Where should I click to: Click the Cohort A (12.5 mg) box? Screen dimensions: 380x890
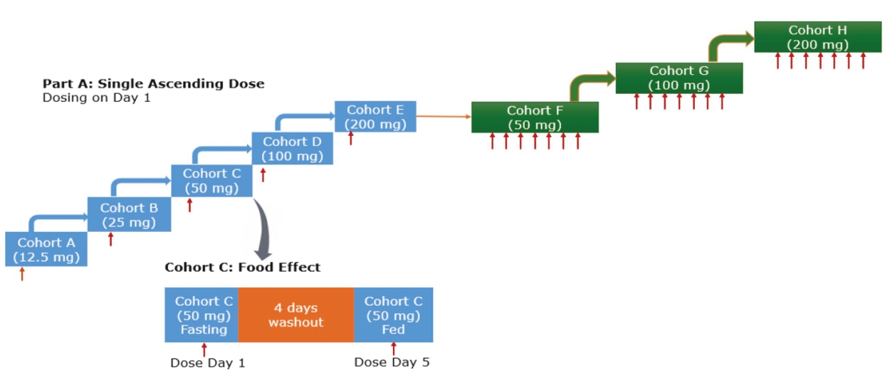click(46, 249)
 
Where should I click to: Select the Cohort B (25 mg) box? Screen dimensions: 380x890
click(129, 214)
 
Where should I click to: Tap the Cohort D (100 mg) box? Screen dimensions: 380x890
click(292, 148)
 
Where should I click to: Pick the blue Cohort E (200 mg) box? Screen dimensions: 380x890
click(375, 117)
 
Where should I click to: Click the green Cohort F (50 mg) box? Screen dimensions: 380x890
click(535, 117)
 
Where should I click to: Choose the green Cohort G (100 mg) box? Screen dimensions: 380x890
click(679, 78)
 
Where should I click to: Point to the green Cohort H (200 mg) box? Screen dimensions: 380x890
click(818, 37)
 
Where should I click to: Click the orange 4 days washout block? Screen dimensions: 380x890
click(295, 315)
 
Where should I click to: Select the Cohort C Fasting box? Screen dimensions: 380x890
click(201, 315)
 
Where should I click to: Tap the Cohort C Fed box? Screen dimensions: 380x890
click(393, 315)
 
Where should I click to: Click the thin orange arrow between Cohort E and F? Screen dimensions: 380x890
click(443, 114)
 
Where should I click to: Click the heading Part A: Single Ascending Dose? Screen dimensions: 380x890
click(153, 84)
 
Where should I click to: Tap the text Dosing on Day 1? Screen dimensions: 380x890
click(96, 97)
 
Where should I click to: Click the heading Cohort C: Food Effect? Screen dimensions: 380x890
click(243, 268)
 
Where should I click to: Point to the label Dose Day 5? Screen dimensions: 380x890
click(392, 362)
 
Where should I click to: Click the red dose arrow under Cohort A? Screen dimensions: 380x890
click(21, 274)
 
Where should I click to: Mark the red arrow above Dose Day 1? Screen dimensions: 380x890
click(204, 349)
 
